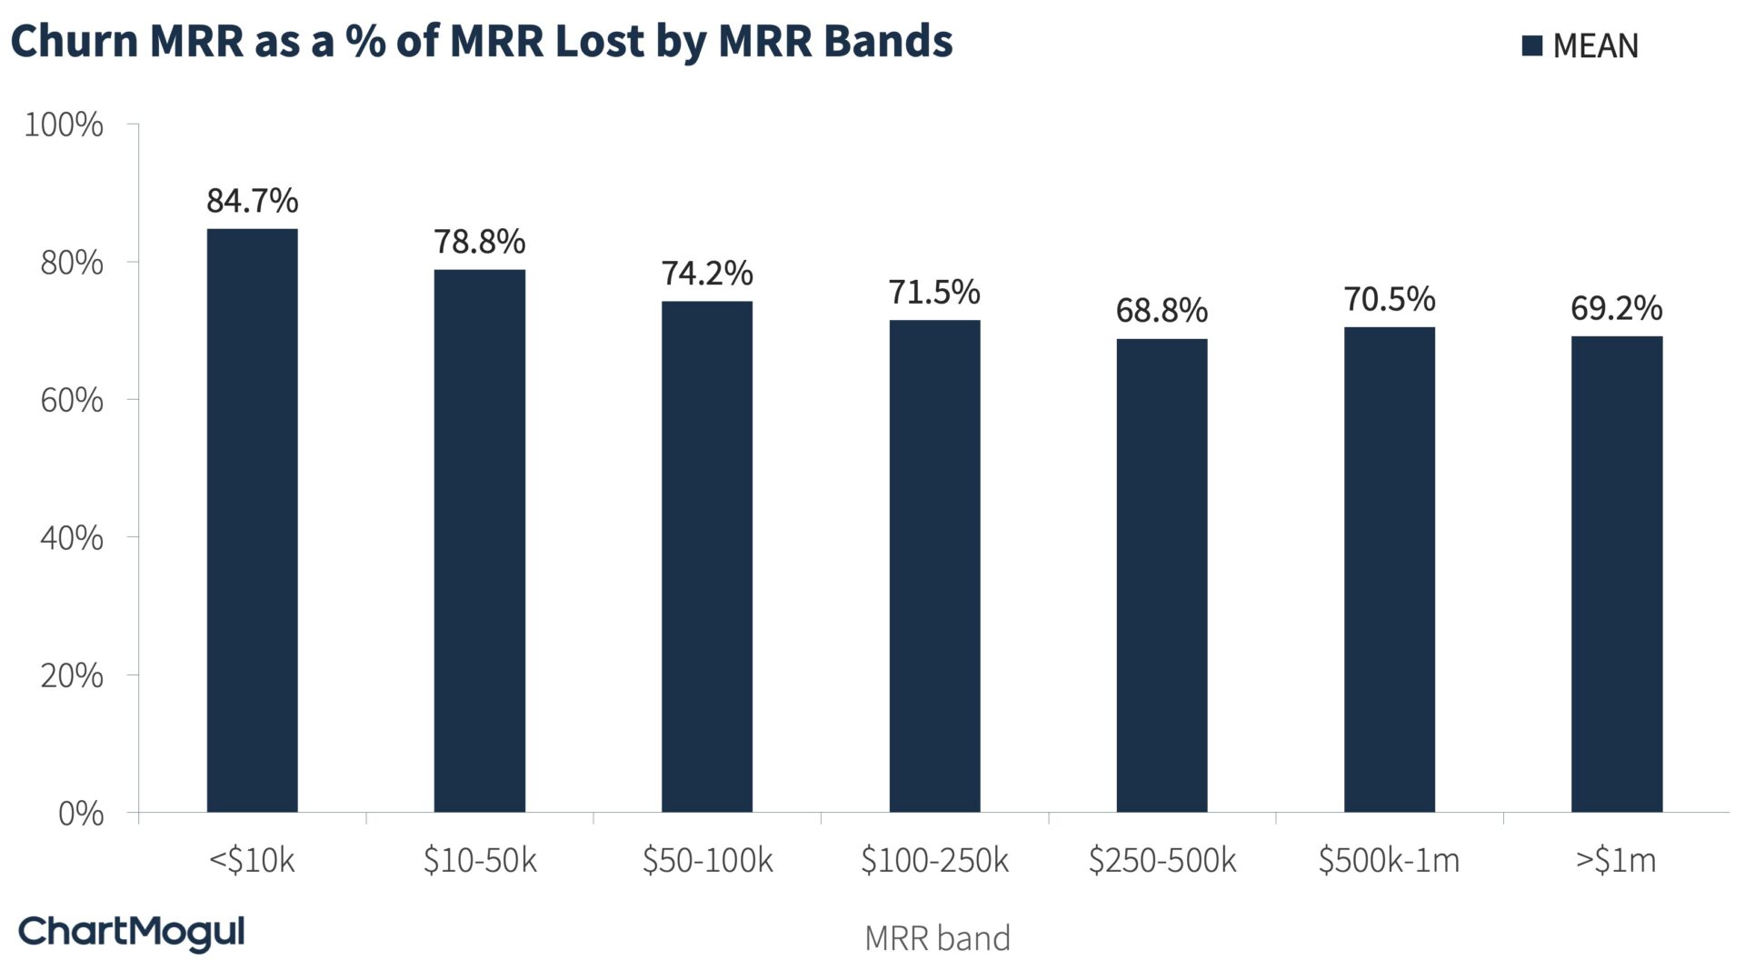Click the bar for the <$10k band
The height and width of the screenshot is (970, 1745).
click(252, 520)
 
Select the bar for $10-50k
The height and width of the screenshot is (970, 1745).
click(479, 540)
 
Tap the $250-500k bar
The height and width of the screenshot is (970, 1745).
click(1162, 575)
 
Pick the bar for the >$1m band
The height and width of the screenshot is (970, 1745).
click(1616, 574)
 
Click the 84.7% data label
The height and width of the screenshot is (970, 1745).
click(252, 200)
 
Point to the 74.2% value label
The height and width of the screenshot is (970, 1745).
click(706, 273)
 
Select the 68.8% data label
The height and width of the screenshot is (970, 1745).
click(1162, 311)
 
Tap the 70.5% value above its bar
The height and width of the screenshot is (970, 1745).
click(1389, 298)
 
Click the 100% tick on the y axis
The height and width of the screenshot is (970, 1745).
click(64, 125)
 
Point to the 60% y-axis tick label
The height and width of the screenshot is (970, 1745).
click(71, 400)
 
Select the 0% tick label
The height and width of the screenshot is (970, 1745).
click(80, 814)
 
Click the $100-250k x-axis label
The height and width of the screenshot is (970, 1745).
click(934, 860)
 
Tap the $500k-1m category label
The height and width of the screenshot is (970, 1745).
click(1389, 860)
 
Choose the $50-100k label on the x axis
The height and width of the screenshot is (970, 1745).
click(706, 860)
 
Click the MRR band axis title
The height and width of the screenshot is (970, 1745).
click(937, 938)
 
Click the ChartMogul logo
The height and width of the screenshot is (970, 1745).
click(132, 933)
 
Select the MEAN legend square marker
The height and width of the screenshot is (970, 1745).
click(1532, 45)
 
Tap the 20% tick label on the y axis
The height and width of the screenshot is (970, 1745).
click(71, 675)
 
